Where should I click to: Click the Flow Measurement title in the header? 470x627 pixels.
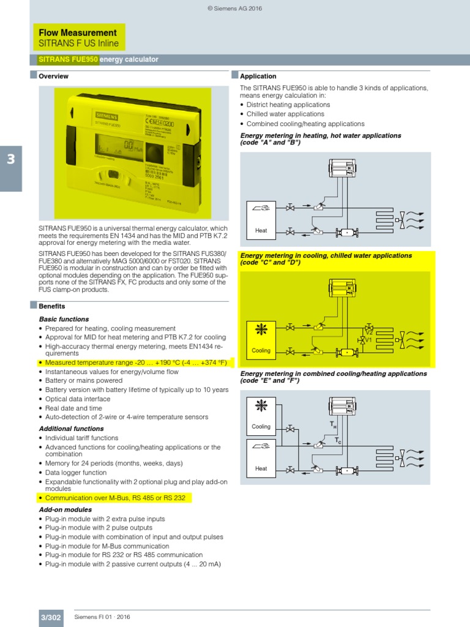tap(77, 32)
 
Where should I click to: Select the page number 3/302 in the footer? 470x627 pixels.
tap(51, 617)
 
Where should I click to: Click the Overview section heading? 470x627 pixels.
tap(53, 77)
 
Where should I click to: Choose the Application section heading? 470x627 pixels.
tap(258, 77)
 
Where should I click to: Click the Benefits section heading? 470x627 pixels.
tap(51, 306)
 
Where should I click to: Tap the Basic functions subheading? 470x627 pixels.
tap(64, 319)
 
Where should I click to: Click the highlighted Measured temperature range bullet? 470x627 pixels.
tap(136, 362)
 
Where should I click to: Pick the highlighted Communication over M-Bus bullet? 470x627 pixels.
tap(115, 498)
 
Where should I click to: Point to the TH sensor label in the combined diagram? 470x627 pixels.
tap(334, 424)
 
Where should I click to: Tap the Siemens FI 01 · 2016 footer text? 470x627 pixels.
tap(102, 617)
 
